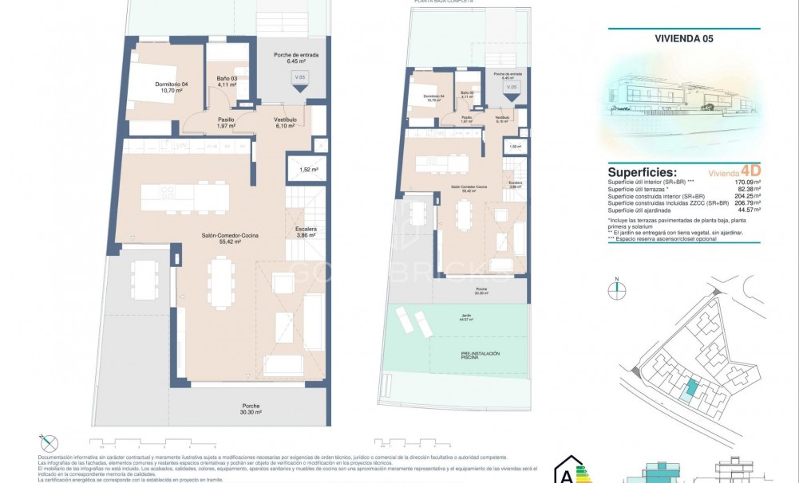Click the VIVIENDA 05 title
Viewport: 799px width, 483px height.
[683, 37]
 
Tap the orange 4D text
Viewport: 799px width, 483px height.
[750, 171]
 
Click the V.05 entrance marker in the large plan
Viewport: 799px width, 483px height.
[299, 80]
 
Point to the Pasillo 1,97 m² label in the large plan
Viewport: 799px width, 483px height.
[227, 122]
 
